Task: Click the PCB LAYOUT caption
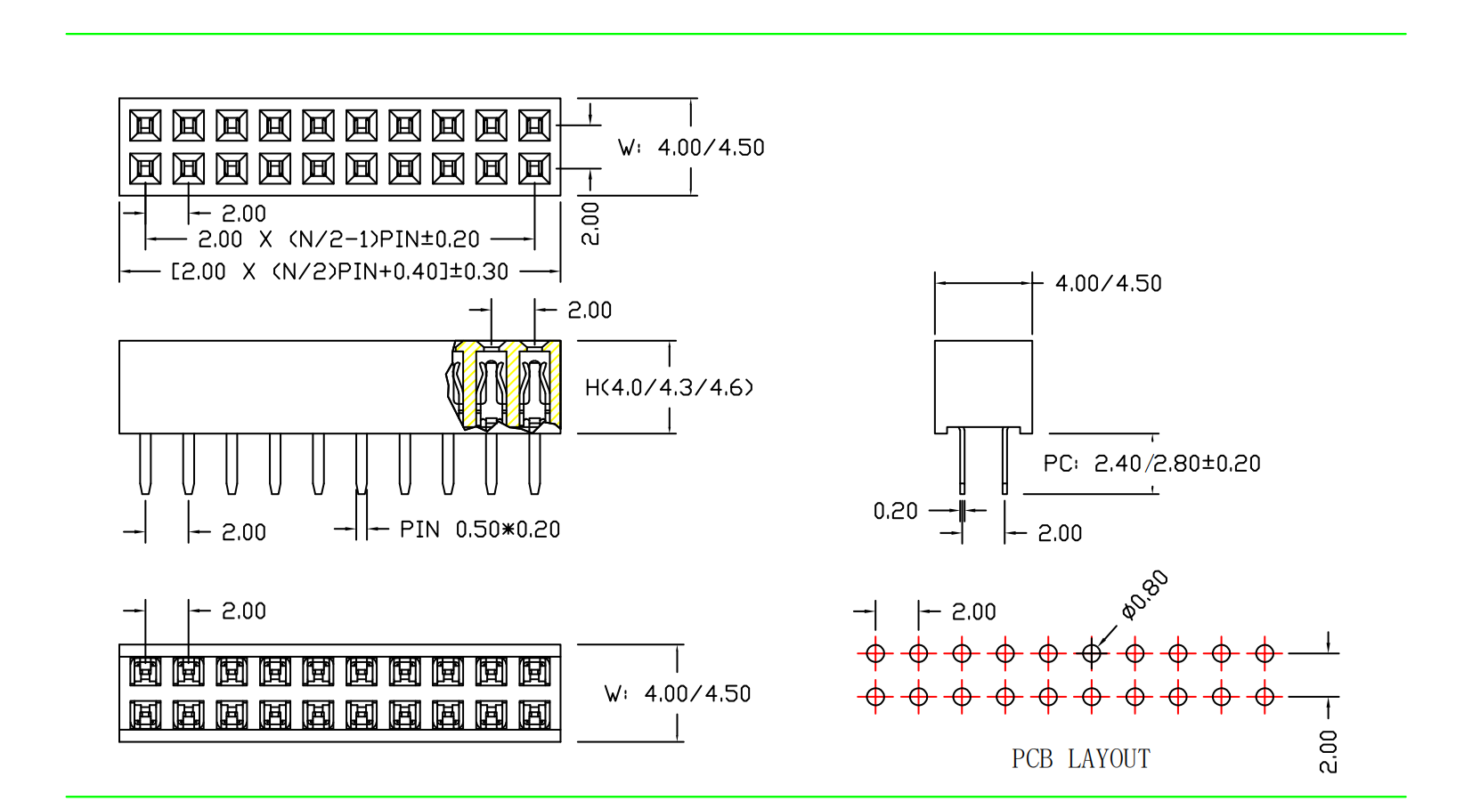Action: tap(1080, 759)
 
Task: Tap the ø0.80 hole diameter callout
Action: tap(1145, 594)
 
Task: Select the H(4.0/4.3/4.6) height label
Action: tap(669, 387)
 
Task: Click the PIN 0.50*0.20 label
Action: tap(479, 530)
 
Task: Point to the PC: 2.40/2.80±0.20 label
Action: tap(1151, 464)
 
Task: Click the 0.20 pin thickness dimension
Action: tap(895, 511)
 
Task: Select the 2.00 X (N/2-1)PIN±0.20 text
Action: tap(338, 239)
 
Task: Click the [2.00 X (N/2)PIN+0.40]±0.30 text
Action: tap(339, 271)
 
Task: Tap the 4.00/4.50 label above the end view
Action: tap(1108, 284)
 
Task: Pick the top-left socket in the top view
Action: tap(145, 125)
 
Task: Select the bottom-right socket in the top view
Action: tap(534, 168)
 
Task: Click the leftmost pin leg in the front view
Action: tap(145, 463)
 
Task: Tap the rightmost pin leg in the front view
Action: tap(534, 463)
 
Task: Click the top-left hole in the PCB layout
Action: tap(875, 654)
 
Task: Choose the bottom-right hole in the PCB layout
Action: tap(1265, 697)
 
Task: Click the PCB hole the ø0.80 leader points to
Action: tap(1092, 654)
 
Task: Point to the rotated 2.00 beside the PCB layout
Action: tap(1328, 751)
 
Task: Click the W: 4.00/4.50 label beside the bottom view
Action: tap(678, 694)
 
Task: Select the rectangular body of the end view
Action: tap(983, 386)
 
